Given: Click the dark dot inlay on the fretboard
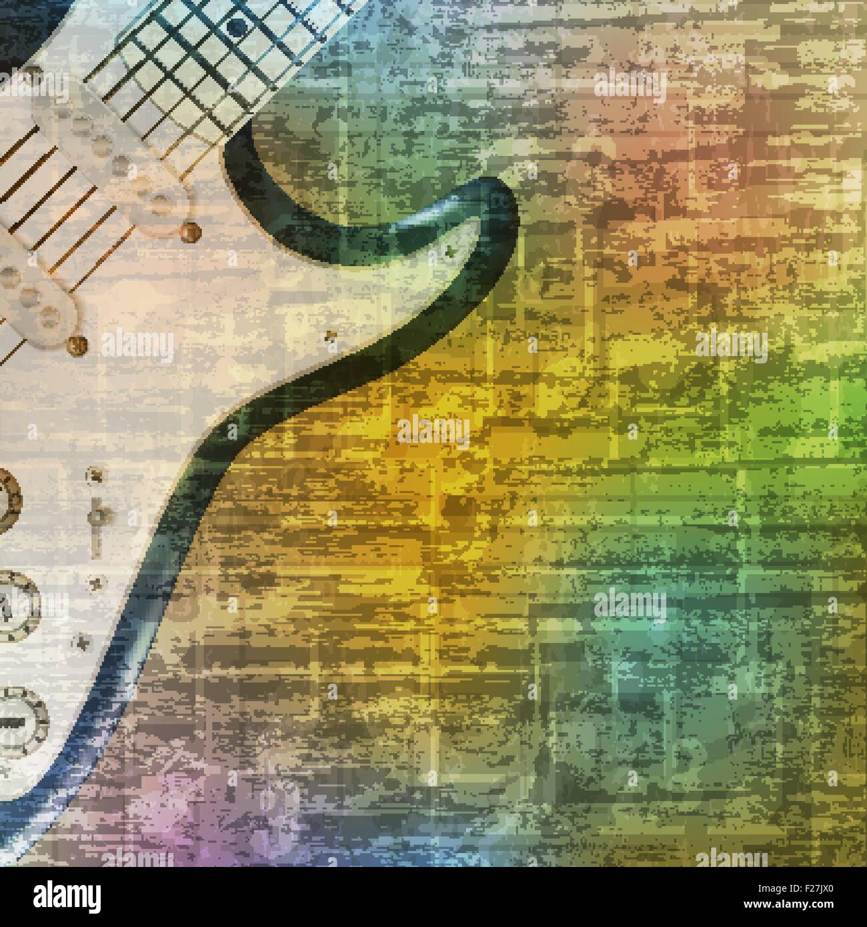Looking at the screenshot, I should (x=235, y=27).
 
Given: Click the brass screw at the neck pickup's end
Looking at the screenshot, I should (x=191, y=231).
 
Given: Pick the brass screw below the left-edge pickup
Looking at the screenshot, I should (x=79, y=345).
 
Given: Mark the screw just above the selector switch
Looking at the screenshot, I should (x=95, y=476).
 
